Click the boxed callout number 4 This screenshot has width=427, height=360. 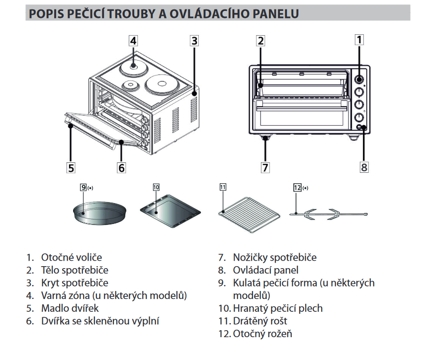[133, 40]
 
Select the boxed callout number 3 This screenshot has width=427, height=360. [195, 40]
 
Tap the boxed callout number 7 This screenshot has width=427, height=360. [265, 167]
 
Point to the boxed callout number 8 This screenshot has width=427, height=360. [364, 167]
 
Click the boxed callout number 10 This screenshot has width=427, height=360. [156, 187]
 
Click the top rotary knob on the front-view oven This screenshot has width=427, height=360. [358, 79]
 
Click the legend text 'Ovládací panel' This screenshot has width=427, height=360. [265, 270]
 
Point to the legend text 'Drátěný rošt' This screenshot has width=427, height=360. [260, 321]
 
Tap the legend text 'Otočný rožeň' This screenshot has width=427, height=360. [262, 334]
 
